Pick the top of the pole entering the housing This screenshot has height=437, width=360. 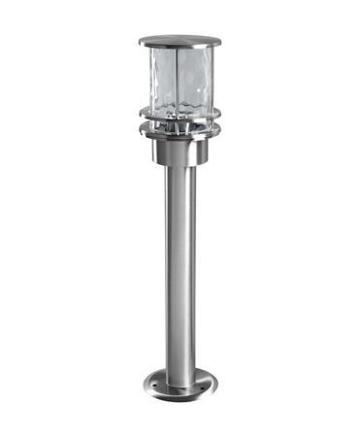(179, 169)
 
